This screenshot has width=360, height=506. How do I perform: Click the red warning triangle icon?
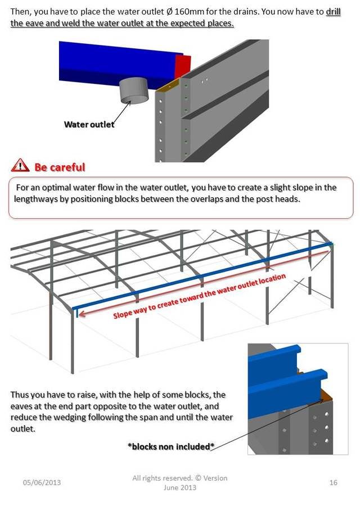coord(20,165)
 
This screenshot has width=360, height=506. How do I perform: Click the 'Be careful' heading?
coord(60,167)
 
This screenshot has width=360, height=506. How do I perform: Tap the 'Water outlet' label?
coord(89,125)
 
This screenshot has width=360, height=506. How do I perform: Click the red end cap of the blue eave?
coord(182,67)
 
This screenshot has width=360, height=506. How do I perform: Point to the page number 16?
coord(334,482)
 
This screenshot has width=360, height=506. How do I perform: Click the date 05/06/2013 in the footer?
coord(42,482)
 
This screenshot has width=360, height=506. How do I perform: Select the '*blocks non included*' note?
coord(171,446)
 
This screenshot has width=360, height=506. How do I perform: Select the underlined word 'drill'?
coord(333,12)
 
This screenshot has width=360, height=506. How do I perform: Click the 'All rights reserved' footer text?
coord(162,478)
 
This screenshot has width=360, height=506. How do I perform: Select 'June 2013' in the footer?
coord(180,487)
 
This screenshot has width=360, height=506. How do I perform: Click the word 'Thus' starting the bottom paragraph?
coord(19,395)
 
